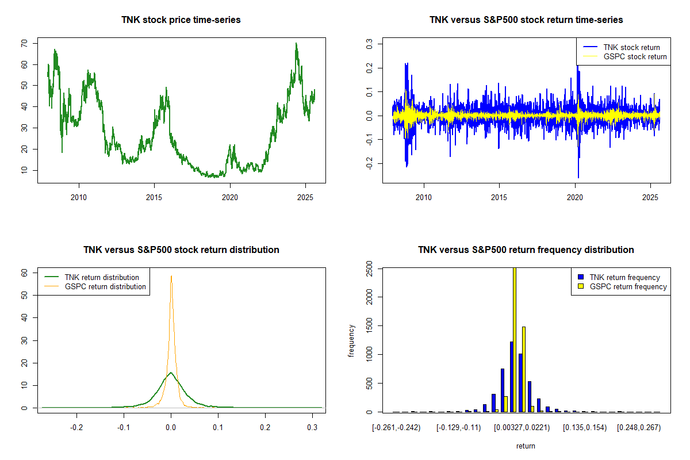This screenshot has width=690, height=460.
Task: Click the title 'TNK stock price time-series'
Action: click(181, 20)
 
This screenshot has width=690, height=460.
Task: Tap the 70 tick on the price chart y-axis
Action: click(24, 44)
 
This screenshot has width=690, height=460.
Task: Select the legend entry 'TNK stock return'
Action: click(631, 47)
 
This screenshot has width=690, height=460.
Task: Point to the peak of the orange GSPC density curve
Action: click(171, 276)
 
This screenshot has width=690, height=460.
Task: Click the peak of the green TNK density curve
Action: click(170, 373)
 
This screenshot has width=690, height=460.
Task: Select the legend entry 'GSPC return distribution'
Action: click(105, 286)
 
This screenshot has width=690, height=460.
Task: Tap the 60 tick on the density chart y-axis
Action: click(24, 273)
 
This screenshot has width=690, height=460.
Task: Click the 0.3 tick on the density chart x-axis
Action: click(312, 428)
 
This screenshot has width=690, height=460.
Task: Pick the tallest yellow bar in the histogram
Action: click(514, 339)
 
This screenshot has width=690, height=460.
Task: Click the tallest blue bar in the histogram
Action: click(511, 377)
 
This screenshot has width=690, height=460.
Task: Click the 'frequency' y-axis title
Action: click(351, 340)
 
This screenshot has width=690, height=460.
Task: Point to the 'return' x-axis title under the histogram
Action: click(526, 446)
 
